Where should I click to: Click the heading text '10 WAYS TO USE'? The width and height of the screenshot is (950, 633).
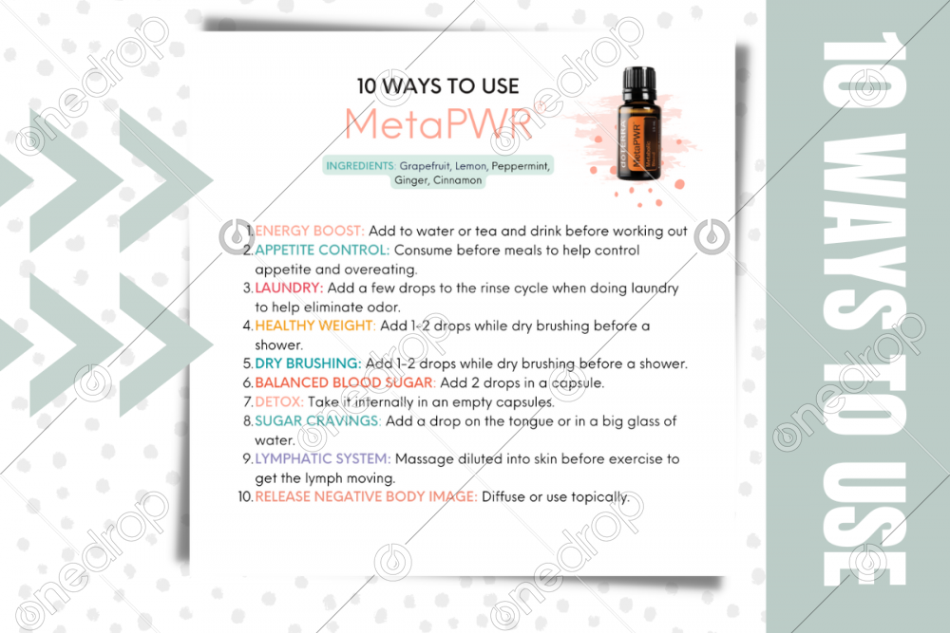point(438,85)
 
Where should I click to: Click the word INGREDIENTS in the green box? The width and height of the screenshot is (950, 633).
point(360,165)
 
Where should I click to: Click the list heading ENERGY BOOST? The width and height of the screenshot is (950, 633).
point(310,231)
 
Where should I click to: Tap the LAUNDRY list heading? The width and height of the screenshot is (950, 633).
point(289,288)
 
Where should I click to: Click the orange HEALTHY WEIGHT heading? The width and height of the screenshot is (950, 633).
point(315,326)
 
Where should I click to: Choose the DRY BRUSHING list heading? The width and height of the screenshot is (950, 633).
point(308,363)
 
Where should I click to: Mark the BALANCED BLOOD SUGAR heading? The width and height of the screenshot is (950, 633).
point(345,382)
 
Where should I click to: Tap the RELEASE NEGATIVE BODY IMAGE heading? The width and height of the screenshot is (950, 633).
point(366,496)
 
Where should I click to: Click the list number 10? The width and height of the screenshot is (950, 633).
point(244,496)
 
